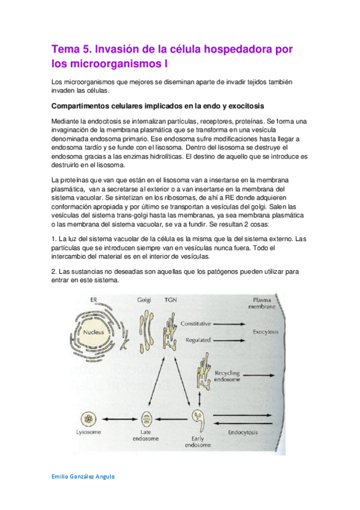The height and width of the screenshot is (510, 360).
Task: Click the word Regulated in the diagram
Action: [x=198, y=340]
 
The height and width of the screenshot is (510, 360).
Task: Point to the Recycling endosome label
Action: [x=227, y=376]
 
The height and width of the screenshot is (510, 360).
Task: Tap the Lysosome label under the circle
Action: [x=89, y=432]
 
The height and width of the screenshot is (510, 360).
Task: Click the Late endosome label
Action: [x=145, y=435]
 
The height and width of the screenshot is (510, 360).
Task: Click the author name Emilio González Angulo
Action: [x=82, y=476]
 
